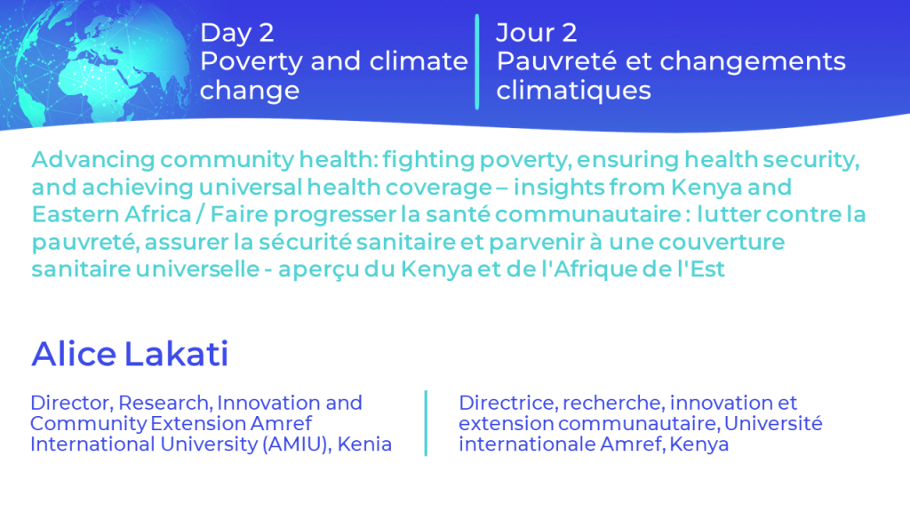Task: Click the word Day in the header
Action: [226, 34]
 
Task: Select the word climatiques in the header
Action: [573, 91]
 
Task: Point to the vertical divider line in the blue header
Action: [477, 61]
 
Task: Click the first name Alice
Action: [74, 354]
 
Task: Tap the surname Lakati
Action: [177, 354]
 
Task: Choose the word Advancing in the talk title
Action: [93, 160]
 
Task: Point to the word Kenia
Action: [364, 444]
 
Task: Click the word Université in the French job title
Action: [773, 423]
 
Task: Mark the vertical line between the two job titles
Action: [426, 423]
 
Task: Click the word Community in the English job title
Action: [88, 424]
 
